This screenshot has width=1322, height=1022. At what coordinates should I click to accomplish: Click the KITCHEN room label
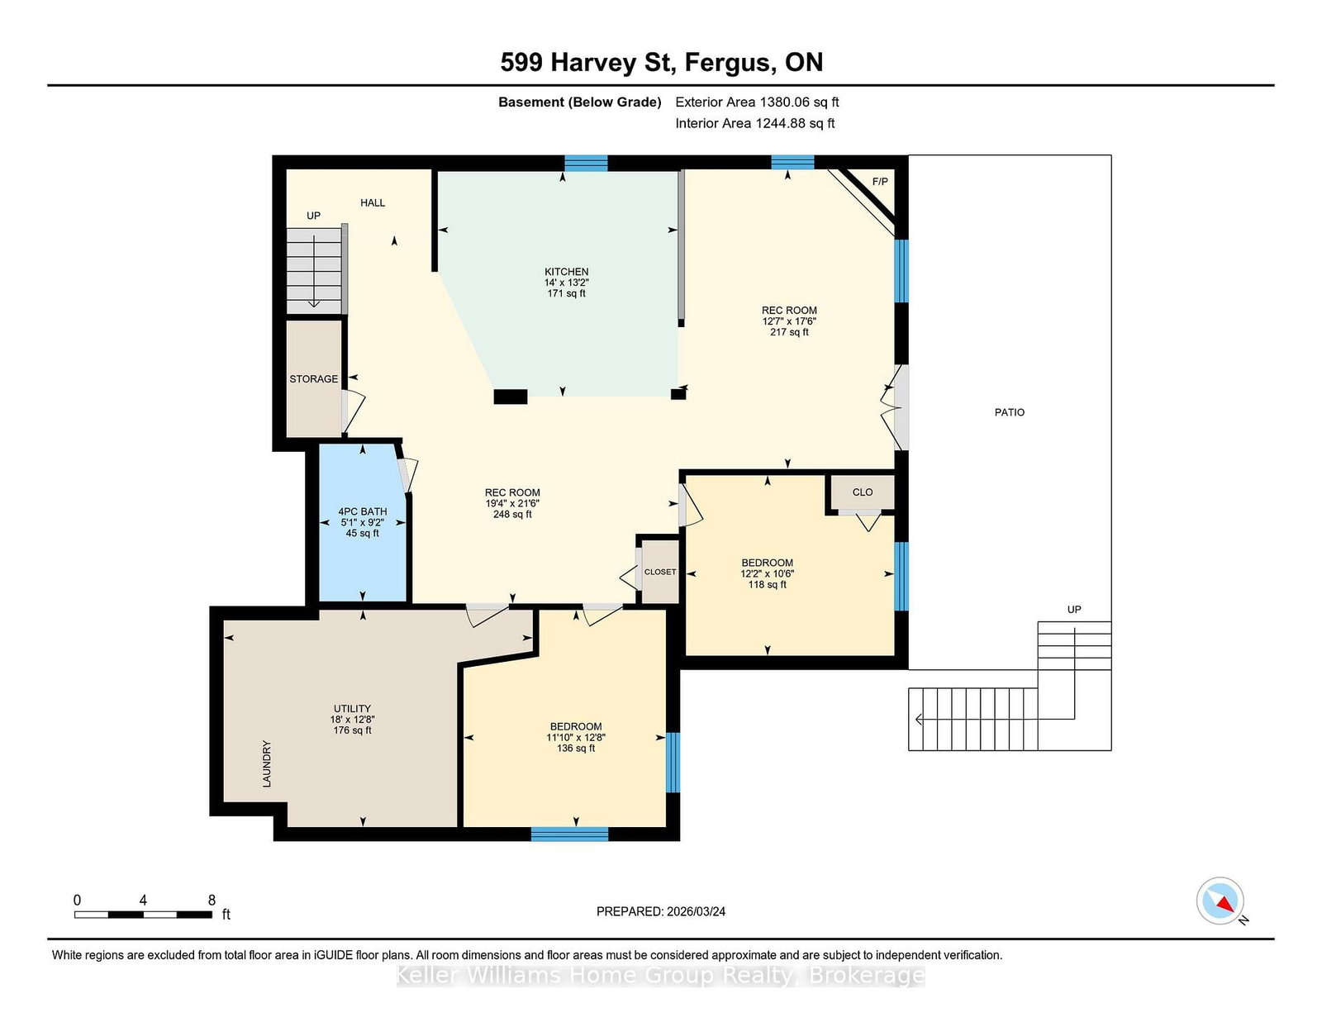(566, 271)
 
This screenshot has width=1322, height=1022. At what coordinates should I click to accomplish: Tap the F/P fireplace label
(879, 181)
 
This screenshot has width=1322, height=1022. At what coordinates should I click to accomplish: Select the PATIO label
(1009, 411)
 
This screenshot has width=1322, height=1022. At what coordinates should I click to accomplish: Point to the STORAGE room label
(313, 378)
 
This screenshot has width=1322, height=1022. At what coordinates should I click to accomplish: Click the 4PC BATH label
(362, 511)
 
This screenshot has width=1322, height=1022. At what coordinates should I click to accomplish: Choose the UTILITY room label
(352, 708)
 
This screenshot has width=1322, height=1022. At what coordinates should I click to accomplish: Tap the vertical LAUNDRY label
(267, 763)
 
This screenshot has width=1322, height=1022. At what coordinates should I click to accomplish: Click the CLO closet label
(862, 492)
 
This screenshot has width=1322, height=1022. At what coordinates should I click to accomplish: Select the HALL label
(373, 202)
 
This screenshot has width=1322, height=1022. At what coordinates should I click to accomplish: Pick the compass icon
(1220, 901)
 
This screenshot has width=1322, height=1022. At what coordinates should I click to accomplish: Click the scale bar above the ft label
(144, 915)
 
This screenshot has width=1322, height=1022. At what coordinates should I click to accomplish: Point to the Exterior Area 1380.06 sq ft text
(757, 102)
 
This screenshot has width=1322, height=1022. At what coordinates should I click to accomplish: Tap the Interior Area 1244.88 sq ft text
(754, 123)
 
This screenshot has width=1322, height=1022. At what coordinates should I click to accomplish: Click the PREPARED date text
(661, 911)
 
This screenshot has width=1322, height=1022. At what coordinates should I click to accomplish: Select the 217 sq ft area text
(789, 331)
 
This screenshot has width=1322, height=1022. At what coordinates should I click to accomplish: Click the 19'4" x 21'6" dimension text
(512, 503)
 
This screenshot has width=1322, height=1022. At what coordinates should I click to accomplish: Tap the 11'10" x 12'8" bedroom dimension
(576, 737)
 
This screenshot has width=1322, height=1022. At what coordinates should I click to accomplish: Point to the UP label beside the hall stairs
(313, 216)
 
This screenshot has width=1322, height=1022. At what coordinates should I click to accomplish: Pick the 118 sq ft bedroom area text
(767, 584)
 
